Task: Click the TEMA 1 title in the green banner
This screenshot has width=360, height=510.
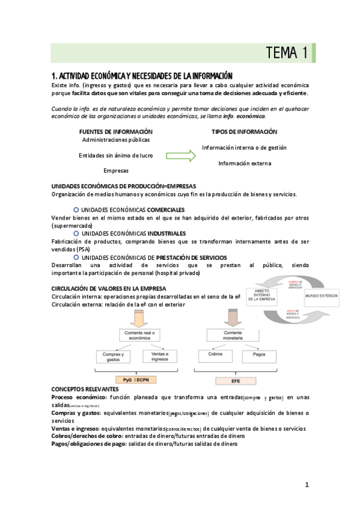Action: click(288, 54)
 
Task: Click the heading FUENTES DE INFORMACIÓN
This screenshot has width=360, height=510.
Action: click(116, 132)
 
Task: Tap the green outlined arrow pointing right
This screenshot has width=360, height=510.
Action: click(180, 155)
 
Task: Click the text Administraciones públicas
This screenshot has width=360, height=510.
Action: click(116, 140)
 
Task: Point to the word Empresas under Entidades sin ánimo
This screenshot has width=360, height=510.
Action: click(116, 171)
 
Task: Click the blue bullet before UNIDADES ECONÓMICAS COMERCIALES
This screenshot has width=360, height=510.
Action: click(76, 209)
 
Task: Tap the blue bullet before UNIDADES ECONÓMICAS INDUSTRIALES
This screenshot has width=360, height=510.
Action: click(76, 233)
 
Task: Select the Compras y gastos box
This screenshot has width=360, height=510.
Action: click(112, 357)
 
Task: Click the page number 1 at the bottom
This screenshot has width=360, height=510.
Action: click(307, 485)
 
